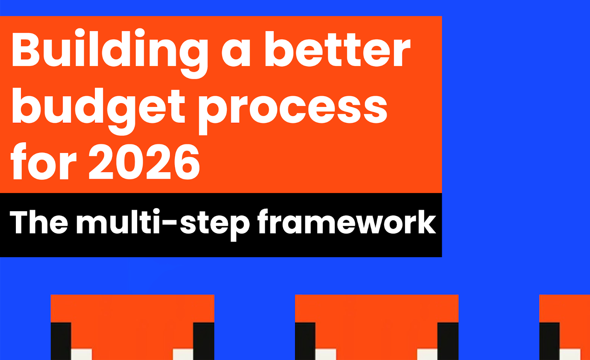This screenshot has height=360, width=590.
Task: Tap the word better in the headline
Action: [338, 49]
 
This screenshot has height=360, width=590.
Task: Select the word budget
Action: [98, 112]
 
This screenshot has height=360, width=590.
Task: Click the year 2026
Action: [144, 162]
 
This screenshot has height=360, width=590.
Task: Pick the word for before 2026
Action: [44, 161]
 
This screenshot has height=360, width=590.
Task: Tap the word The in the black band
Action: [39, 221]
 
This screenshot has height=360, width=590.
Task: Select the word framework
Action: [347, 221]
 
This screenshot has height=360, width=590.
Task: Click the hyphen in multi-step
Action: [168, 223]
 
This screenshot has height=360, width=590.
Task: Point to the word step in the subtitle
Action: [214, 226]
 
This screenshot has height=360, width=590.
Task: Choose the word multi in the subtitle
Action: [118, 221]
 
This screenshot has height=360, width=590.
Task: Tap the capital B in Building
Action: [25, 49]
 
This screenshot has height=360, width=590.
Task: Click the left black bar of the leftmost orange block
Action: [61, 341]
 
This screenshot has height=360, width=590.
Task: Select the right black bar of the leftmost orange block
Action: [204, 341]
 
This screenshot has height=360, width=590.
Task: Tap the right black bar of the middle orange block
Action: [448, 341]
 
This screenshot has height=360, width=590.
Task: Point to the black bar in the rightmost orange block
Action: [549, 341]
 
